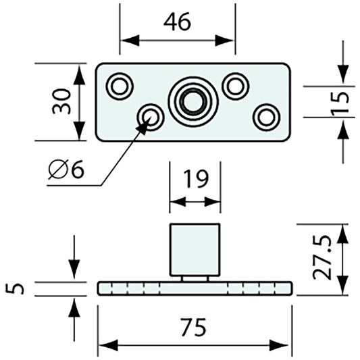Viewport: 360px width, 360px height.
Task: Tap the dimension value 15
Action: pos(343,101)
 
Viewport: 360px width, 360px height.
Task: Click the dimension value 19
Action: pos(195,180)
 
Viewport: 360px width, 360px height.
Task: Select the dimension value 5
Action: pos(19,288)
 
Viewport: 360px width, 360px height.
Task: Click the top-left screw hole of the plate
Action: pos(122,85)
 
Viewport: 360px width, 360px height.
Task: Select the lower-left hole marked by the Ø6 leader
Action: pos(150,118)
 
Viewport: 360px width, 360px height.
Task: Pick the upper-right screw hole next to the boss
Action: pos(235,85)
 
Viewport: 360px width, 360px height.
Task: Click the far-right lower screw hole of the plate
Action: pos(266,116)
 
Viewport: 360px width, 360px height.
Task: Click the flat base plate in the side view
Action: pos(195,288)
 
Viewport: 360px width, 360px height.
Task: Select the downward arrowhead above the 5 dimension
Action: pos(74,274)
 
